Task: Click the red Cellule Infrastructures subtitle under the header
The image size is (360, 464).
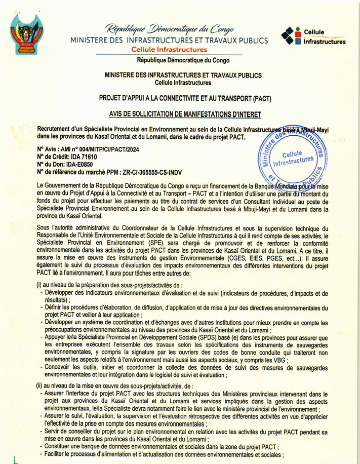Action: point(169,50)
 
